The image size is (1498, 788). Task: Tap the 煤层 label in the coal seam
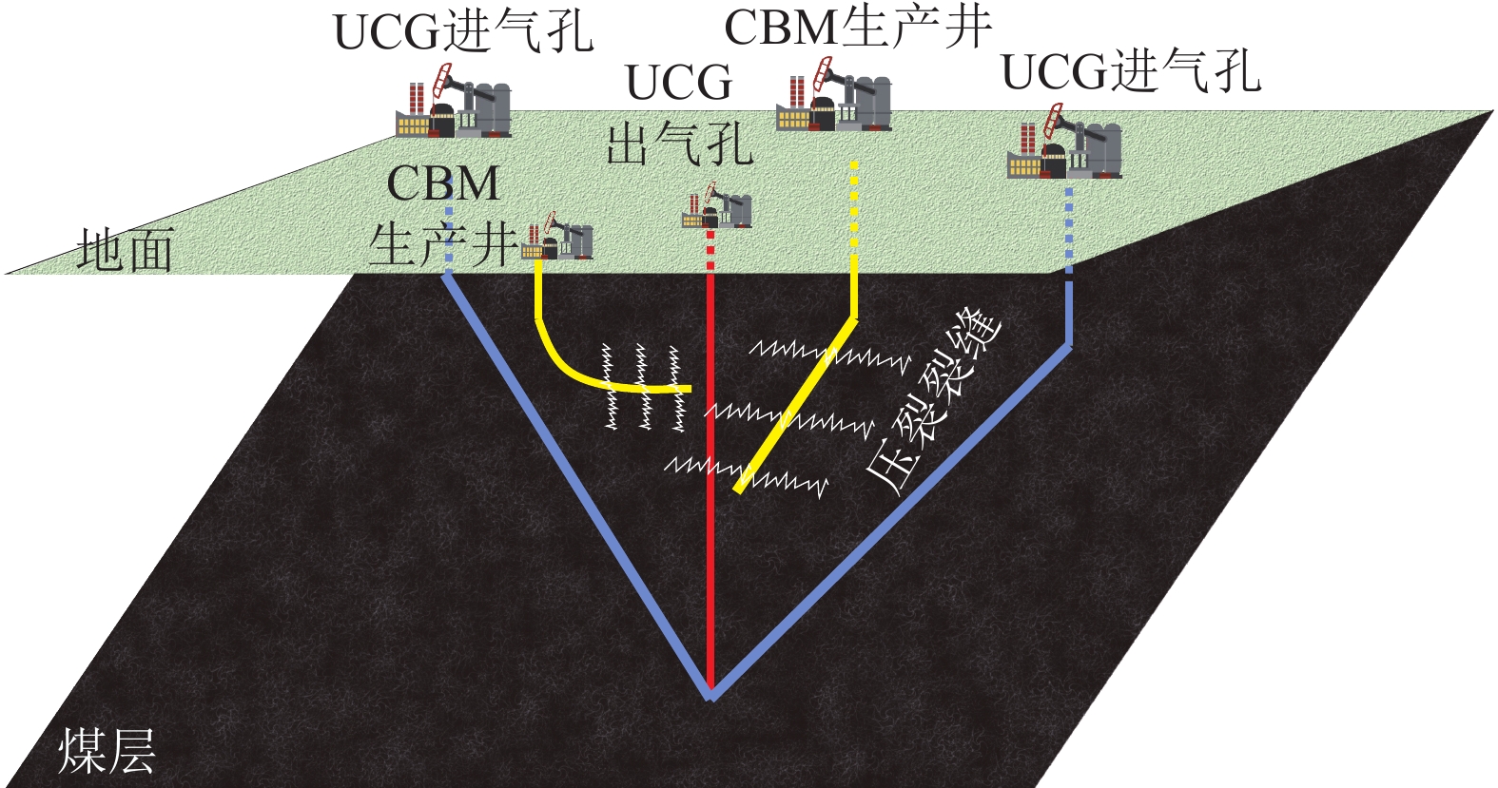pyautogui.click(x=107, y=751)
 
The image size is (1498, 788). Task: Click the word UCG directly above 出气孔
pyautogui.click(x=679, y=83)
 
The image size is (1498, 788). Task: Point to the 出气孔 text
pyautogui.click(x=679, y=144)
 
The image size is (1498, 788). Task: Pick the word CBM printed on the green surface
pyautogui.click(x=443, y=183)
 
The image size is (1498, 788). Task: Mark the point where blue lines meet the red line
pyautogui.click(x=710, y=693)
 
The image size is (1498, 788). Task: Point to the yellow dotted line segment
pyautogui.click(x=854, y=204)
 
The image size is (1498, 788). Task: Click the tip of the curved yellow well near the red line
pyautogui.click(x=687, y=388)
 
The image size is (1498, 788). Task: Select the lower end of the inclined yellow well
pyautogui.click(x=739, y=490)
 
